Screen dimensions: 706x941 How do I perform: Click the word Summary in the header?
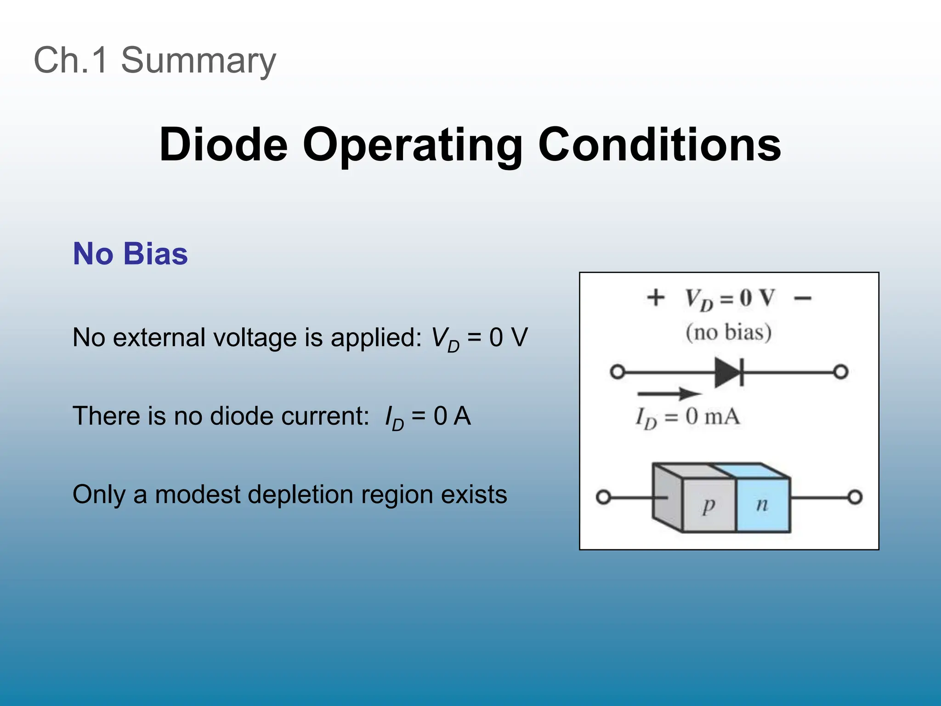198,61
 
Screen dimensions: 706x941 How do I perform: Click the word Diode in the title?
223,145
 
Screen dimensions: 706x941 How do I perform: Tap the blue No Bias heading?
130,254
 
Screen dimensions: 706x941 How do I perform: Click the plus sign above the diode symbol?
656,297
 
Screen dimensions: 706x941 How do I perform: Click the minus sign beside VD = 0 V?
802,299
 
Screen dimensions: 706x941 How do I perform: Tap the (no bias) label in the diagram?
729,332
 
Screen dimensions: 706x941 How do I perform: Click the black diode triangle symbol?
727,372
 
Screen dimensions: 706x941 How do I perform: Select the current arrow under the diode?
669,393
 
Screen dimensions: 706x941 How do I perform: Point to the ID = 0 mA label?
688,417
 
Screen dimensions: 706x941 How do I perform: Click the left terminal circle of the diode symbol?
618,371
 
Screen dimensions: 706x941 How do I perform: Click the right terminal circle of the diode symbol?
840,371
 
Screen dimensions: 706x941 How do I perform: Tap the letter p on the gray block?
709,506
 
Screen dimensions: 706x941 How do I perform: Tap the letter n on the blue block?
762,505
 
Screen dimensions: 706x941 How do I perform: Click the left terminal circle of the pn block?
603,497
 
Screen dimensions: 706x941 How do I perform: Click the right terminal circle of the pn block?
855,497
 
